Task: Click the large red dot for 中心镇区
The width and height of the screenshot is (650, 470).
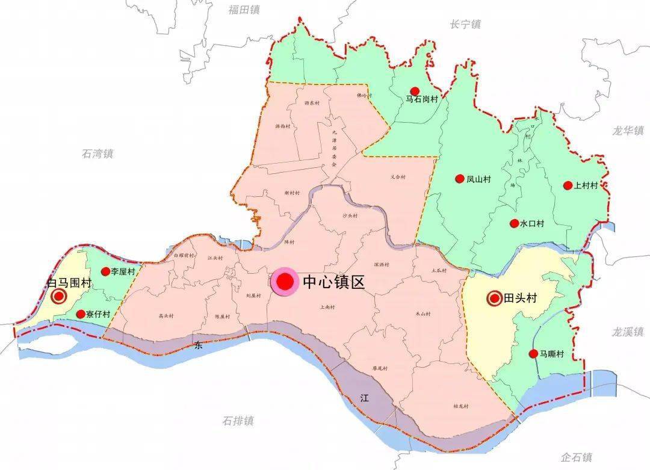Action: pos(284,282)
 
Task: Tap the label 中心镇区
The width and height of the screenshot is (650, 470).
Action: pos(334,282)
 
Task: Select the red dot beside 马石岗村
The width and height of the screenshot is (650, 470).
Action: pos(415,91)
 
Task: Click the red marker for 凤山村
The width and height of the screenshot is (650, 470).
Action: pos(460,179)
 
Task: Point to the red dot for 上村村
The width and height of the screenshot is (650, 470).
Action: pos(567,185)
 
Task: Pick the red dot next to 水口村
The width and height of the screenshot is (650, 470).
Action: pos(514,223)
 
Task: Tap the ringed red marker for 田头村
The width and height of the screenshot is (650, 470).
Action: pos(495,298)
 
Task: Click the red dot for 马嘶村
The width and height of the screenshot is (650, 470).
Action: pos(533,354)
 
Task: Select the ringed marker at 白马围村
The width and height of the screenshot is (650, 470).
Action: pos(59,296)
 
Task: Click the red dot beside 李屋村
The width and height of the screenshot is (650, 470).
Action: pos(105,271)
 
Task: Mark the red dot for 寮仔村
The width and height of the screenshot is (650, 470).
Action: pos(80,314)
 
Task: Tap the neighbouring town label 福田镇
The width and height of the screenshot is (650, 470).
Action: pos(244,9)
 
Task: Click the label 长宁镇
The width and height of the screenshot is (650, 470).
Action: pos(465,24)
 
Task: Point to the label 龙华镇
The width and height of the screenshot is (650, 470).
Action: pos(628,130)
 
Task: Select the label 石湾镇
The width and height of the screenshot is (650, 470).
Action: pos(97,153)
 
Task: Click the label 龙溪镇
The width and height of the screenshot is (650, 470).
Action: pos(628,331)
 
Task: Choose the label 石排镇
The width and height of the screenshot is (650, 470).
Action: pos(238,421)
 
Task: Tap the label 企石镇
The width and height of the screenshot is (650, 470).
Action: pos(576,457)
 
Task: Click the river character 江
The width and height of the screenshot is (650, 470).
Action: pos(364,398)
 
